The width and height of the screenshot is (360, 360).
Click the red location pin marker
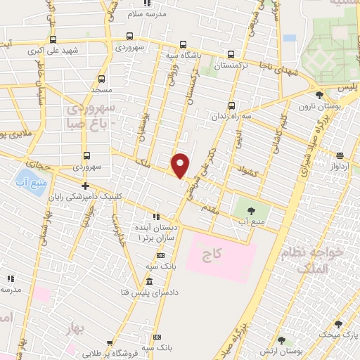pos(180,165)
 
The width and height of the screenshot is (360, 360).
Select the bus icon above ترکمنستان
pos(231,54)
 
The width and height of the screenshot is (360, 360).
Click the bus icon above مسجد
pos(102,79)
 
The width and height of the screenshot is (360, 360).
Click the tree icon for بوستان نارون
pos(320,95)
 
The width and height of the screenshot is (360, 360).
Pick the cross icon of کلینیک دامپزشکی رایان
pos(85,186)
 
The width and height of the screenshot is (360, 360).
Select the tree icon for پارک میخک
pos(339,324)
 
